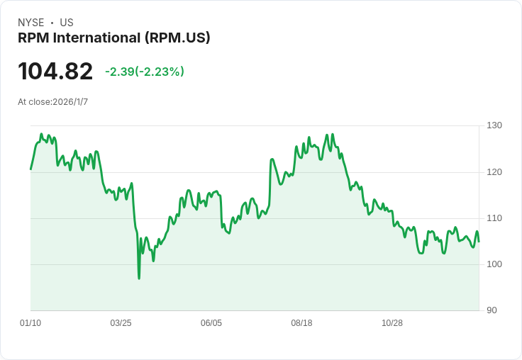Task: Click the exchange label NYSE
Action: (31, 23)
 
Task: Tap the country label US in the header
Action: (67, 23)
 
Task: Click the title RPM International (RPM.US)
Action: (114, 38)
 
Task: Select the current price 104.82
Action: (55, 72)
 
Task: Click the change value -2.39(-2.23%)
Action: (145, 72)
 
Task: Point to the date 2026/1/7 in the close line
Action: (70, 102)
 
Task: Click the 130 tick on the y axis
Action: (494, 125)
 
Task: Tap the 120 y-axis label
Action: (494, 172)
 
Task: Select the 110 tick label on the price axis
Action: (494, 218)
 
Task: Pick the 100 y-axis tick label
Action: (494, 264)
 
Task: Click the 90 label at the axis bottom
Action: (492, 310)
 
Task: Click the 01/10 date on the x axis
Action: (30, 323)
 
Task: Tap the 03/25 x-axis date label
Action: (121, 323)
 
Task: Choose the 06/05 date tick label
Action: (211, 323)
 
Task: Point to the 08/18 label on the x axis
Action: (301, 323)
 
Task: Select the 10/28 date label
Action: (392, 323)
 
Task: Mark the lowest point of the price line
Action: (139, 279)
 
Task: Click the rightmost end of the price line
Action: (479, 242)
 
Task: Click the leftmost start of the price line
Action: (30, 169)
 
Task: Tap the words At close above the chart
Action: (35, 102)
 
